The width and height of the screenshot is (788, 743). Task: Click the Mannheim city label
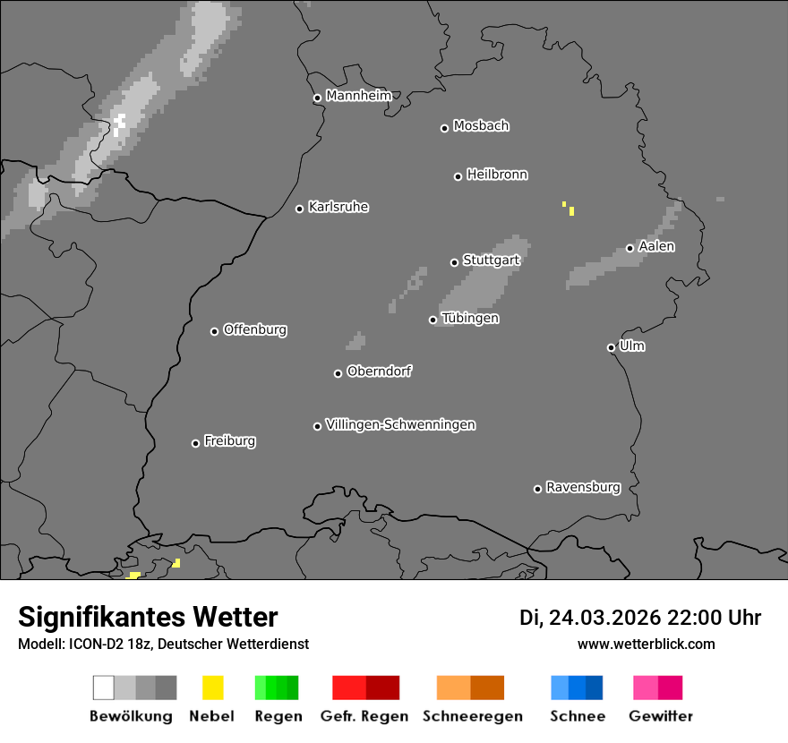358,96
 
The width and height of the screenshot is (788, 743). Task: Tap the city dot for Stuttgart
455,262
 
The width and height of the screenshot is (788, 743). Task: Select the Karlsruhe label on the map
338,207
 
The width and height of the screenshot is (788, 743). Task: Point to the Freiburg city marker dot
195,443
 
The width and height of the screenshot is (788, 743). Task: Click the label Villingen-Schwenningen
400,424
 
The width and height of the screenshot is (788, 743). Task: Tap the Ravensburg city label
583,487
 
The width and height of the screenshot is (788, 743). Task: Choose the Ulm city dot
611,347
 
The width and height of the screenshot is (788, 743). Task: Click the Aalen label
656,246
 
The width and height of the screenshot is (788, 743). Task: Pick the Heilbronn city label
497,175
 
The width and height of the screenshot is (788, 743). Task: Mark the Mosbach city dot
444,128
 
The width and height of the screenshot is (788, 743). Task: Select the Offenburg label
255,329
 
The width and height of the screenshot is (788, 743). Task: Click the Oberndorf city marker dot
338,373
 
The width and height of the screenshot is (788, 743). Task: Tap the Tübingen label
470,318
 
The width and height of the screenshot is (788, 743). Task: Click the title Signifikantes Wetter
148,617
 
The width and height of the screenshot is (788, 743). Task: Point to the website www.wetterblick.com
646,644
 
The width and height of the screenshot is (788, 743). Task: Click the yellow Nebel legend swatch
212,687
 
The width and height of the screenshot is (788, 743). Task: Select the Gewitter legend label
661,716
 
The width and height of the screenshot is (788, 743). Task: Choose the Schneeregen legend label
471,716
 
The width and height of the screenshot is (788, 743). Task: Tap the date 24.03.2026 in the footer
604,618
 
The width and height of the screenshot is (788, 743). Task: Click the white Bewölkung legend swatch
103,687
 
